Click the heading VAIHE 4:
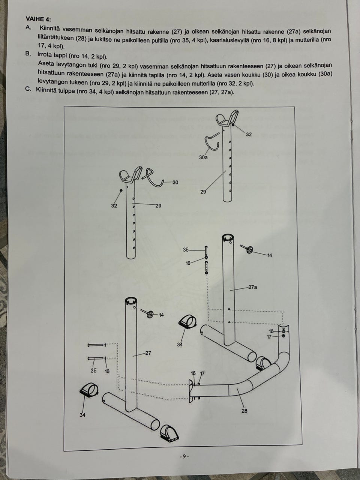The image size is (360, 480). tap(38, 19)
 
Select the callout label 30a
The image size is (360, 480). tap(203, 157)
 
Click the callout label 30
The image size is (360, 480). tap(175, 182)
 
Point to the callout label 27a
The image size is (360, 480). tap(253, 287)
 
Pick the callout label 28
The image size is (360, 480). tap(244, 411)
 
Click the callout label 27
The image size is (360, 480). tap(148, 353)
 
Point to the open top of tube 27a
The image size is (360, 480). tap(228, 238)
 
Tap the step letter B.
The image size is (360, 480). tap(28, 54)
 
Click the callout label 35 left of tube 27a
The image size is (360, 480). tap(186, 249)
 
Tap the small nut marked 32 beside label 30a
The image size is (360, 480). tap(234, 125)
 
